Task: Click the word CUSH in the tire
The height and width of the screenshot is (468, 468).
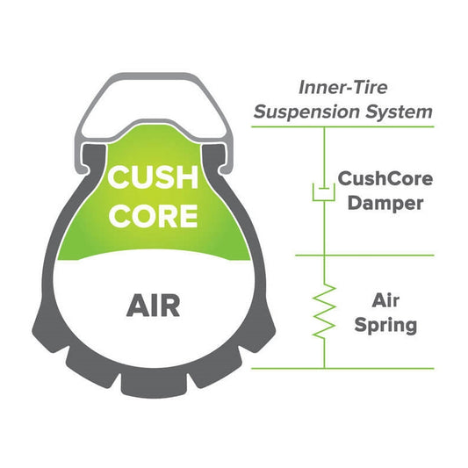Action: tap(153, 177)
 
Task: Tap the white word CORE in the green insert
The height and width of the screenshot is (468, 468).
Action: tap(153, 215)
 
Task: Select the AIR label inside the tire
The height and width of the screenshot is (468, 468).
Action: tap(153, 306)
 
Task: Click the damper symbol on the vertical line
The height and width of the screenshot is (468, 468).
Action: tap(324, 190)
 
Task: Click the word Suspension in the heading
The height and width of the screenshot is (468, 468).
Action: tap(321, 112)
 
